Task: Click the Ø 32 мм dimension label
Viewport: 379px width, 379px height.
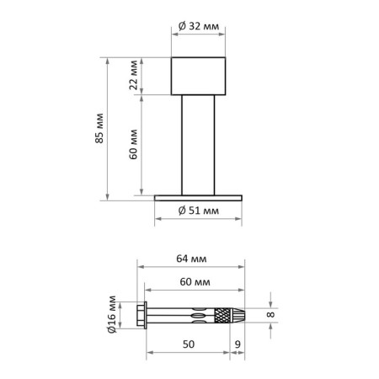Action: tap(200, 27)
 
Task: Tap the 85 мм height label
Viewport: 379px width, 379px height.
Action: tap(100, 128)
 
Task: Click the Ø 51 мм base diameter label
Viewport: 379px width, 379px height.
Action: tap(200, 211)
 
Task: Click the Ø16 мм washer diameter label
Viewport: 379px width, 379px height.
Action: tap(113, 315)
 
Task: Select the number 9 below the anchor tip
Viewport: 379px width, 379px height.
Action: tap(239, 344)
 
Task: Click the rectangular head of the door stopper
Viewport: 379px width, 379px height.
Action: tap(200, 75)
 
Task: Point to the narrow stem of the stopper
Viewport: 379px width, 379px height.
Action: tap(200, 143)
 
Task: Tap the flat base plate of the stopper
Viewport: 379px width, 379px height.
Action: tap(200, 198)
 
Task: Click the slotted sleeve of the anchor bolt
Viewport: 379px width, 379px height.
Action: tap(189, 316)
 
